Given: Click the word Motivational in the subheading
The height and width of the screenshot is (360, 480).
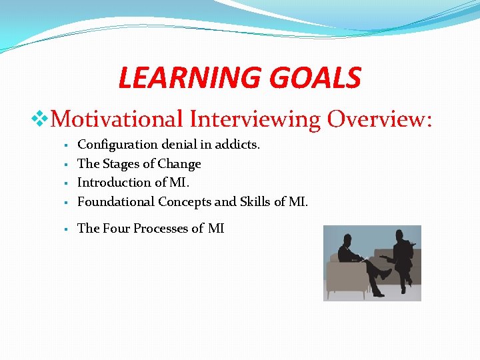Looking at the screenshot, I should tap(117, 119).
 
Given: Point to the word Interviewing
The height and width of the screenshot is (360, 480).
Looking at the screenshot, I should tap(255, 119).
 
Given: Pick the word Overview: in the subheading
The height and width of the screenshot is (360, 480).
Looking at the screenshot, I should tap(379, 119).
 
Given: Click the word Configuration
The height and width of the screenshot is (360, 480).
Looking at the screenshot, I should tap(117, 145).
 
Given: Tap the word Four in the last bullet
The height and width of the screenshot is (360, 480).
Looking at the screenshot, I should tap(116, 229).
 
